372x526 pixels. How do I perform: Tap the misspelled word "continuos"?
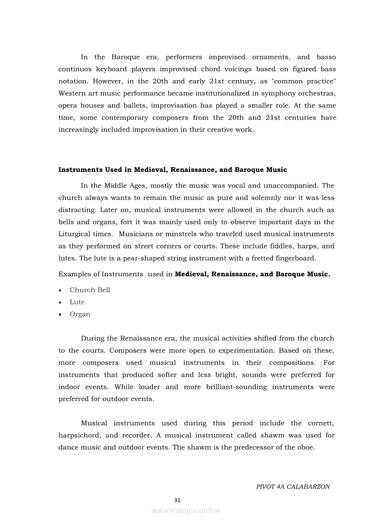point(76,69)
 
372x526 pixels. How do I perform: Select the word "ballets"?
point(134,106)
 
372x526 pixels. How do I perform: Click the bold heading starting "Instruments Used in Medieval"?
point(172,170)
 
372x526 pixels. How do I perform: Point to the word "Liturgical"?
point(76,234)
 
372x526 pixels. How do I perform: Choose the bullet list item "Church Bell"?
point(90,290)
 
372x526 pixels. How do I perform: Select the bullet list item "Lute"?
point(77,302)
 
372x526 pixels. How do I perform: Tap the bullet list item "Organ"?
point(80,314)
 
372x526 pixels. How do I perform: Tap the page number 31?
point(177,500)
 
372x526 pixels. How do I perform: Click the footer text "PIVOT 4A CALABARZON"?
point(293,487)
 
